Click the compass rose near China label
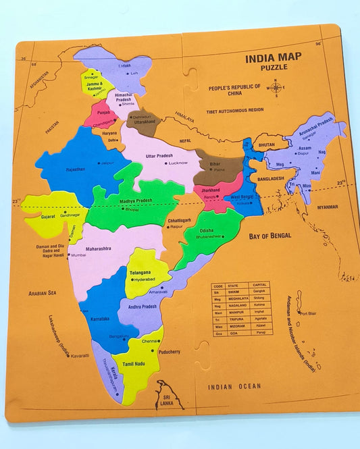[x=275, y=87]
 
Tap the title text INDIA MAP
[x=274, y=57]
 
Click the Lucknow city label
[x=178, y=163]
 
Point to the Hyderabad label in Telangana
[x=144, y=279]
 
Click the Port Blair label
[x=308, y=313]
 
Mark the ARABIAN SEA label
[x=41, y=293]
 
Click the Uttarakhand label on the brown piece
[x=145, y=122]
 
